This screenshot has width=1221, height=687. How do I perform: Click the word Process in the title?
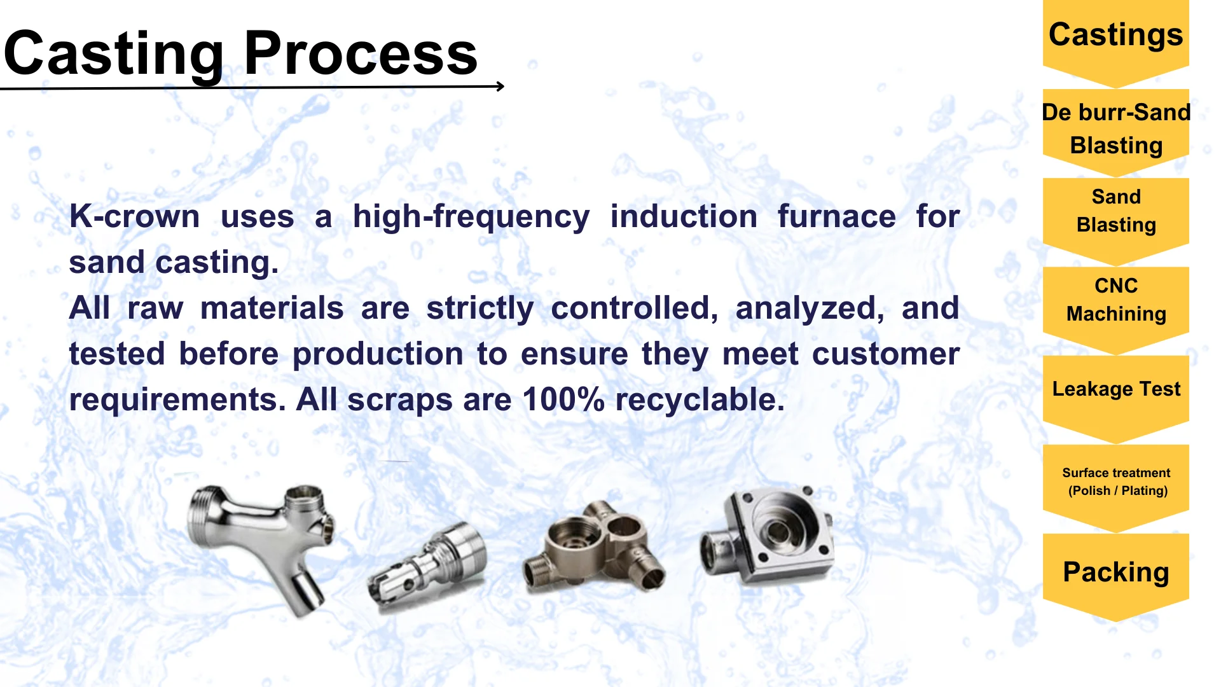(361, 53)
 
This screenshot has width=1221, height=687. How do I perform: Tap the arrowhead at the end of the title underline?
(501, 86)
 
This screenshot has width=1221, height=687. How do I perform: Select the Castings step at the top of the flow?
(1116, 42)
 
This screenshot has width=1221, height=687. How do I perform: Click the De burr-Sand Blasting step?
(1116, 131)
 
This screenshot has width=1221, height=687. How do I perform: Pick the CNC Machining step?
(1116, 309)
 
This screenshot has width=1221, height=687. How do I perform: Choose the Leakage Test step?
(1116, 398)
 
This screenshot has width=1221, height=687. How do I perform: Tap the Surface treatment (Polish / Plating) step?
(1116, 487)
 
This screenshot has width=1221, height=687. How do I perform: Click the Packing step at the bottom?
(1116, 576)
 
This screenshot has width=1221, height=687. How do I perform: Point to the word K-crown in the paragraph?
(134, 216)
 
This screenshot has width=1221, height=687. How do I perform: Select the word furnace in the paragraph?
(836, 216)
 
